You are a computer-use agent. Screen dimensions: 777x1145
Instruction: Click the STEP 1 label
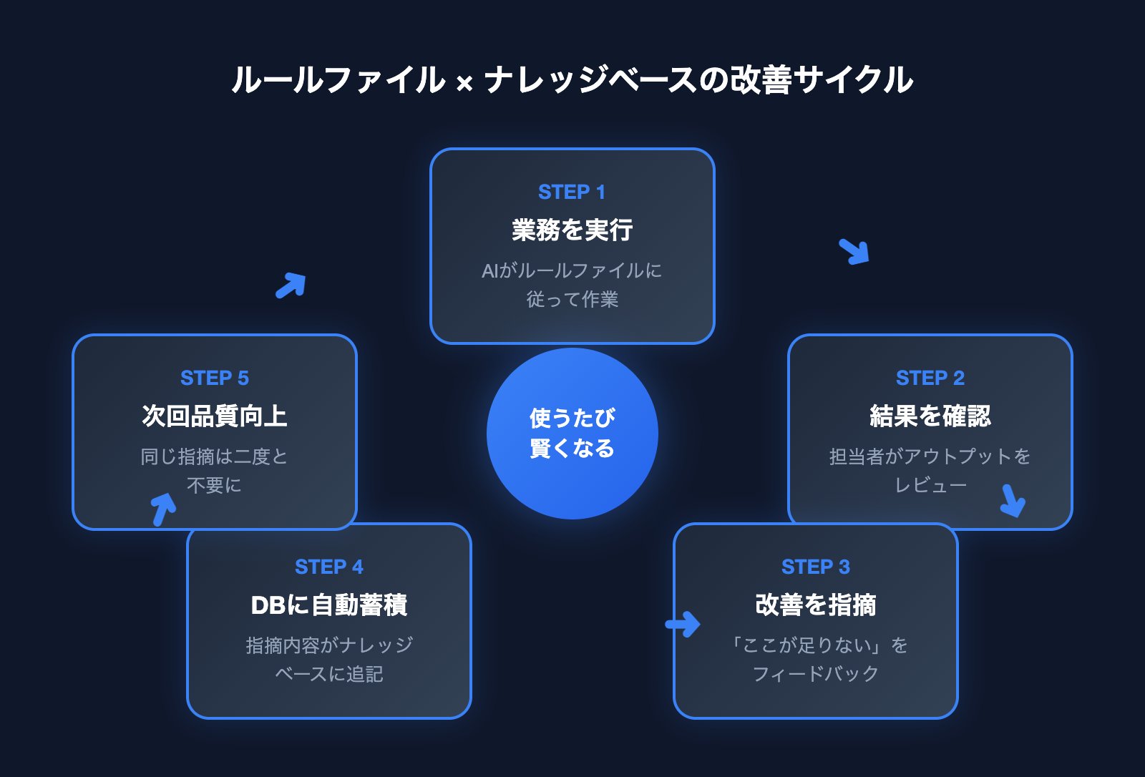pos(572,192)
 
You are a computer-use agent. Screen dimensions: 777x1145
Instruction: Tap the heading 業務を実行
pos(572,230)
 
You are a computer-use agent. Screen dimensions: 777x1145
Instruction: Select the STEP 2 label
pos(930,378)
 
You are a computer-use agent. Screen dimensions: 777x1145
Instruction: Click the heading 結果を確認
pos(930,416)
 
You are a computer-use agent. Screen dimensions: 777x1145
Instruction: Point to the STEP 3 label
pos(815,567)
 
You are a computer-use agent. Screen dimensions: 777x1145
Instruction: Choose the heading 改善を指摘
pos(815,605)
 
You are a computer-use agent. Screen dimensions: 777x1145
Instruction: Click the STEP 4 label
pos(328,567)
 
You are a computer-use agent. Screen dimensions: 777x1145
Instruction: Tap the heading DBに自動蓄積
pos(328,605)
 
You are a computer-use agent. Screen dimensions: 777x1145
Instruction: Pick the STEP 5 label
pos(214,378)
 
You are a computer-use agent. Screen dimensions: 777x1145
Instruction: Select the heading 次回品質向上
pos(214,416)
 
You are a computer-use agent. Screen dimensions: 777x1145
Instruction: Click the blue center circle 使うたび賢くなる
pos(572,434)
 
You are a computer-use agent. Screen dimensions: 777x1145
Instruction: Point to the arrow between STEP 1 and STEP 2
pos(854,251)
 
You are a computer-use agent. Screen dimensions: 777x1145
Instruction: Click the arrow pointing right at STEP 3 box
pos(683,624)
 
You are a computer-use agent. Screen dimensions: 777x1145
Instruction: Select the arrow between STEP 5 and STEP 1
pos(291,285)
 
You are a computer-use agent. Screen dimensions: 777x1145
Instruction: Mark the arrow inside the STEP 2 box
pos(1012,501)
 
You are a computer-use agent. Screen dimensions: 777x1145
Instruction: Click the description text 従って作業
pos(572,300)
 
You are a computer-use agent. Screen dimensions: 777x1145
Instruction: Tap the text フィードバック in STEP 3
pos(815,674)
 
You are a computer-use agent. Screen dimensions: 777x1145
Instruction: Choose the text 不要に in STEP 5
pos(214,486)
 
